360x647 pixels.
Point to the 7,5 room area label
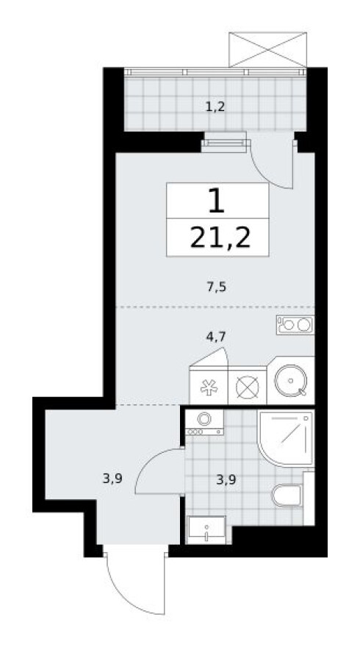coord(215,287)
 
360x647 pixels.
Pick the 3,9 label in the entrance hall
coord(112,479)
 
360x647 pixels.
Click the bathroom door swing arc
coord(157,472)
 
